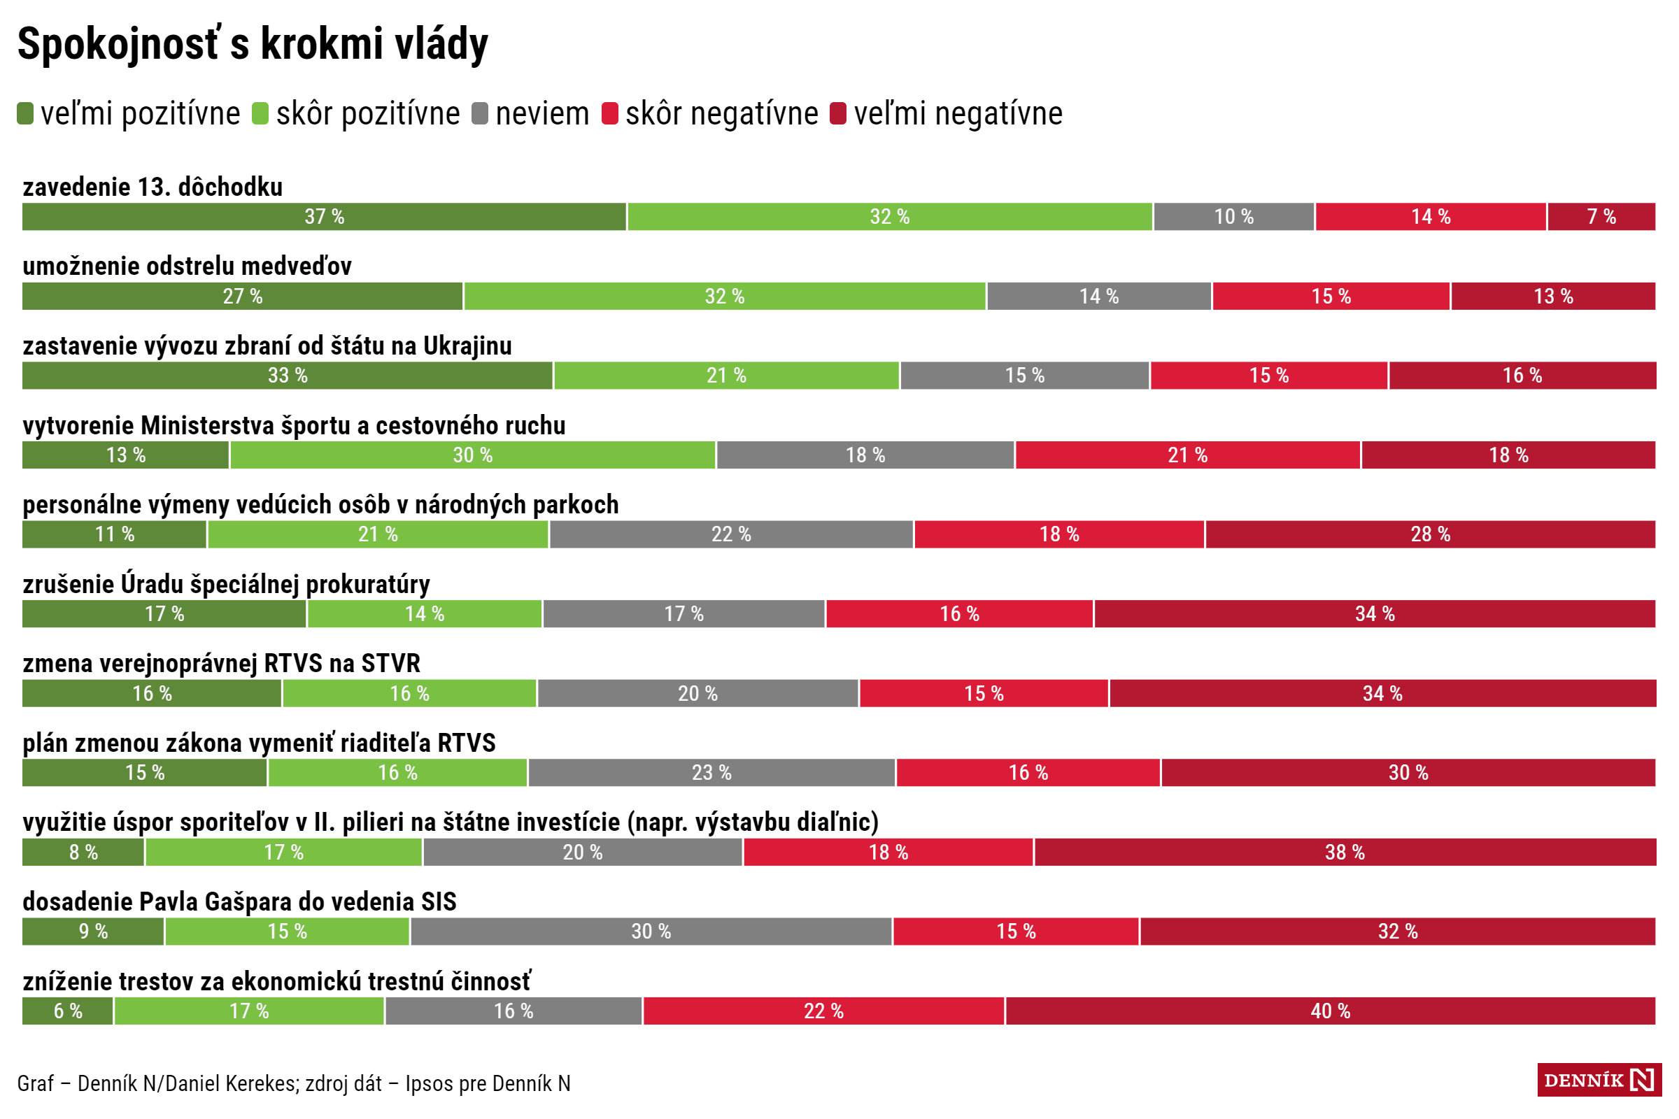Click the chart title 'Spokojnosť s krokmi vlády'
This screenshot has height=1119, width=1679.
[x=253, y=44]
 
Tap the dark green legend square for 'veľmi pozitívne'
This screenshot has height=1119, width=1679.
[x=25, y=113]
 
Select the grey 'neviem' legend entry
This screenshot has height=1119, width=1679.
[x=530, y=113]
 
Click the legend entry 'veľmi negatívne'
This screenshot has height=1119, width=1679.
[x=946, y=113]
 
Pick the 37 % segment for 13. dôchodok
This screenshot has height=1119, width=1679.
[x=324, y=217]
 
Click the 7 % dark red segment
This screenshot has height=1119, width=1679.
[x=1601, y=217]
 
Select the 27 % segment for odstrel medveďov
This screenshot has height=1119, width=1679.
[x=242, y=296]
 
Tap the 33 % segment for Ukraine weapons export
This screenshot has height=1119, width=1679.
[x=287, y=376]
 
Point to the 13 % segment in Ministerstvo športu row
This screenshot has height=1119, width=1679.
[x=126, y=455]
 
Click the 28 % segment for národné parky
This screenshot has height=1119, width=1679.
[x=1430, y=534]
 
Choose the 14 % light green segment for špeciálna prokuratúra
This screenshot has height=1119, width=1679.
[x=425, y=614]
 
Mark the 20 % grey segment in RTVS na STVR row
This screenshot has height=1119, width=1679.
[x=697, y=694]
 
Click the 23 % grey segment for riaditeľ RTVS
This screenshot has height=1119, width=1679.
[x=711, y=773]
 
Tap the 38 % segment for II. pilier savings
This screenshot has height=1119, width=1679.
[x=1345, y=852]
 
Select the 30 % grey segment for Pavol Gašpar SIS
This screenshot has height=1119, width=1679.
[x=651, y=932]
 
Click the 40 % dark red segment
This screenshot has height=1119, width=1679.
[x=1330, y=1011]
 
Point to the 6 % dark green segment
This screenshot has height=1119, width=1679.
[x=68, y=1011]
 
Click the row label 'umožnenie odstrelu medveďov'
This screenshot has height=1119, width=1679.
[x=187, y=266]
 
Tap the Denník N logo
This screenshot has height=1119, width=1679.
[x=1599, y=1080]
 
